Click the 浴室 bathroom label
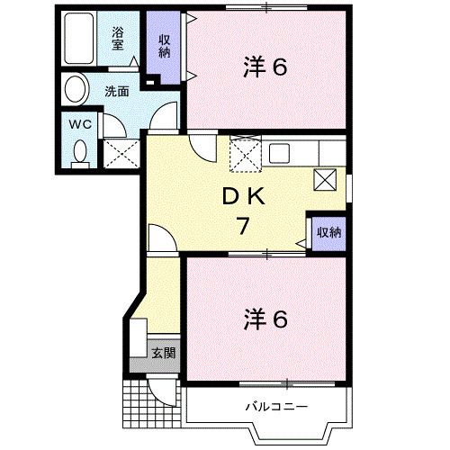(119, 39)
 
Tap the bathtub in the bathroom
(81, 41)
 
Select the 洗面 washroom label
(116, 91)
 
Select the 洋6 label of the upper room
(265, 67)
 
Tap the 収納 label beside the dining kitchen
(328, 232)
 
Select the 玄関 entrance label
(163, 352)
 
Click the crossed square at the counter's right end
(325, 179)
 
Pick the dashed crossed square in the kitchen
(244, 155)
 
